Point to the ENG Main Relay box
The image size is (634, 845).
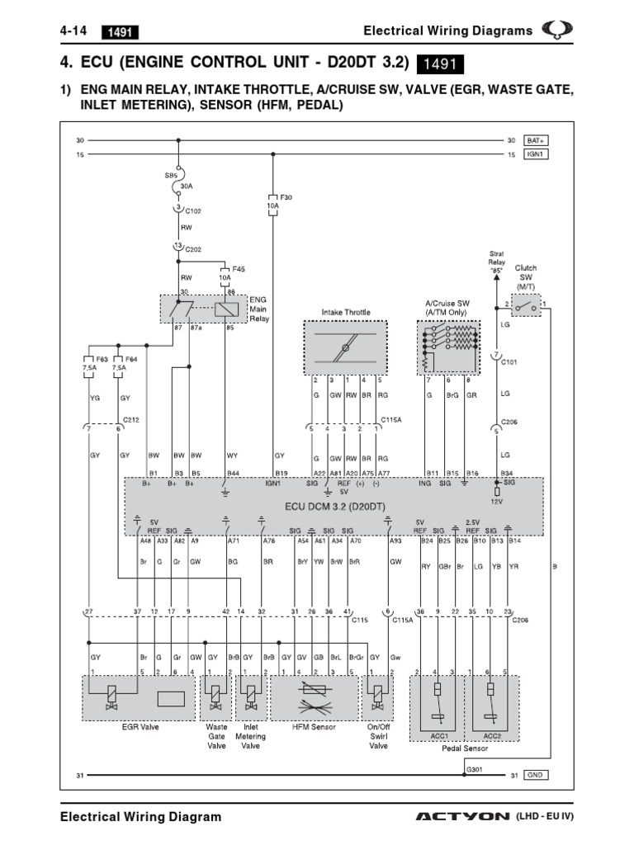[x=202, y=309]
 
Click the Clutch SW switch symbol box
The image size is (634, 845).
[x=525, y=306]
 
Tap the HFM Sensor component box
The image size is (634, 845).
[x=311, y=696]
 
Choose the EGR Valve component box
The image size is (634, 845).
[x=139, y=696]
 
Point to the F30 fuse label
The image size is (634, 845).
[x=286, y=198]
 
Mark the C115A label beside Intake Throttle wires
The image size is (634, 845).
[x=391, y=419]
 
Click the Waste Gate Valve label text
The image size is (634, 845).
[x=216, y=737]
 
